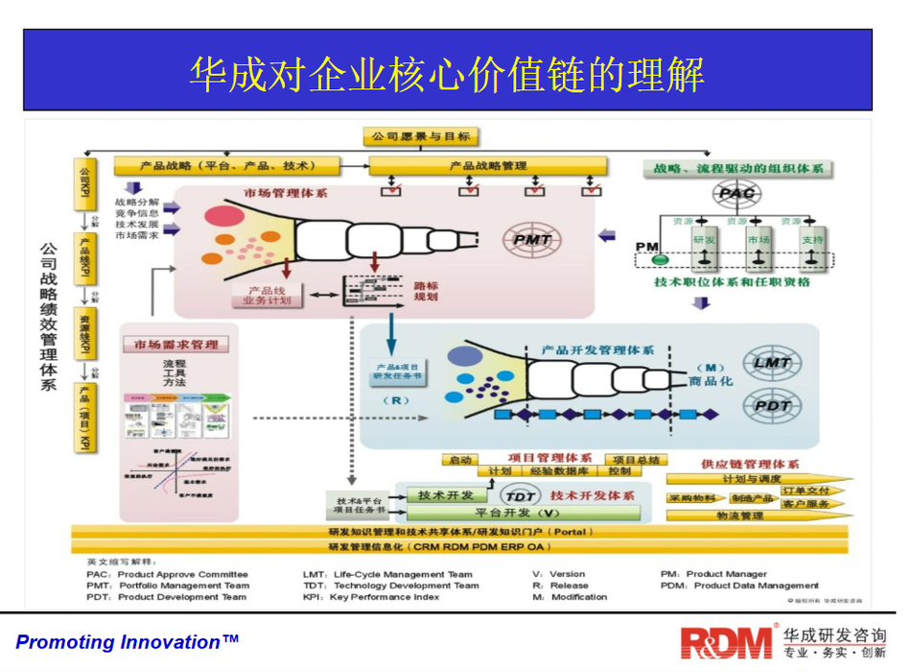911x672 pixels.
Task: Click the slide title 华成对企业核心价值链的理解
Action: tap(447, 75)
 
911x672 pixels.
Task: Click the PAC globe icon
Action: tap(736, 194)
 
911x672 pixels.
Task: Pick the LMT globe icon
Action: tap(773, 363)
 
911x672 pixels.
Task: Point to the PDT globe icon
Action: tap(773, 406)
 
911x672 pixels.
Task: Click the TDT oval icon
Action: tap(521, 495)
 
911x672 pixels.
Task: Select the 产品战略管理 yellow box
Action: tap(488, 166)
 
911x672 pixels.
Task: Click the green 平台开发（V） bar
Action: tap(514, 514)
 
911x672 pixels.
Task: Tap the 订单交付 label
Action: tap(800, 490)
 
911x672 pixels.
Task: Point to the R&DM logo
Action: tap(726, 640)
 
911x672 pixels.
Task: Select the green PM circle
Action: tap(659, 259)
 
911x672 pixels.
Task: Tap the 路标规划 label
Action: tap(425, 292)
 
